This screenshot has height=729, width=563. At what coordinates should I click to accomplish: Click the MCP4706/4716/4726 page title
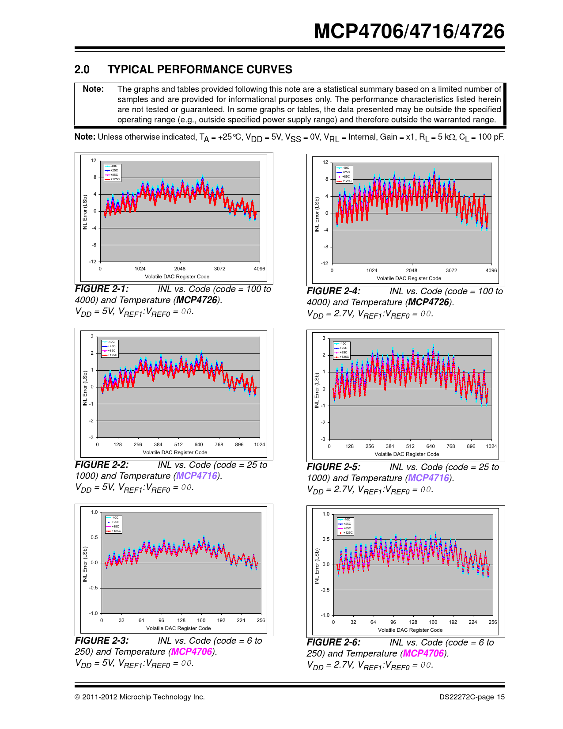[x=409, y=31]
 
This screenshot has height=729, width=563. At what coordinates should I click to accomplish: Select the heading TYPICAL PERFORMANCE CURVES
[x=200, y=70]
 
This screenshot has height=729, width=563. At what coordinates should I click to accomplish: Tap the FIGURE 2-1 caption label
[x=102, y=289]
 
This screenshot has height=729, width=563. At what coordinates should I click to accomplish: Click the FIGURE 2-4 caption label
[x=333, y=291]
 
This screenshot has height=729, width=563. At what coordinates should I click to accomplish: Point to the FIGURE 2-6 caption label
[x=333, y=642]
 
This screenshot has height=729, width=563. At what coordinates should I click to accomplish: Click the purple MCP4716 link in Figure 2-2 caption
[x=197, y=476]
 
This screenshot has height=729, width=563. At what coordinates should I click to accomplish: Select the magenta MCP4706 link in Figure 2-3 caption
[x=192, y=652]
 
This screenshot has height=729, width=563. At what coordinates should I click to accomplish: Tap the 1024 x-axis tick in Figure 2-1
[x=140, y=269]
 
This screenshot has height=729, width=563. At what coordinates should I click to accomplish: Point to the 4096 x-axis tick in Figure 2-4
[x=491, y=270]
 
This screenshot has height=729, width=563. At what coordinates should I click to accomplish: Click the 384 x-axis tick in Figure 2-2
[x=158, y=444]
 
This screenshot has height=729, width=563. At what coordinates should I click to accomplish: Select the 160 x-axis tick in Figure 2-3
[x=201, y=620]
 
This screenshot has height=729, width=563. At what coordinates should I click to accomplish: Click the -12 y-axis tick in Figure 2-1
[x=93, y=262]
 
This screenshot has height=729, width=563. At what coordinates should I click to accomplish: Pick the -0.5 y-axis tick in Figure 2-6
[x=325, y=590]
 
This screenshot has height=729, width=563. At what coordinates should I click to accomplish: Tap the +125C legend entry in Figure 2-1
[x=114, y=179]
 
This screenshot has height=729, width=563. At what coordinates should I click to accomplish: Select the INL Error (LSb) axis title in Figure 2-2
[x=85, y=388]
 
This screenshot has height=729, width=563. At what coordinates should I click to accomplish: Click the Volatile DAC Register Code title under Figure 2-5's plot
[x=407, y=454]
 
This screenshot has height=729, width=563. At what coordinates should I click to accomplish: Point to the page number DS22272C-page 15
[x=472, y=697]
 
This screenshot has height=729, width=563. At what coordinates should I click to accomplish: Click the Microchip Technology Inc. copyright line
[x=140, y=697]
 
